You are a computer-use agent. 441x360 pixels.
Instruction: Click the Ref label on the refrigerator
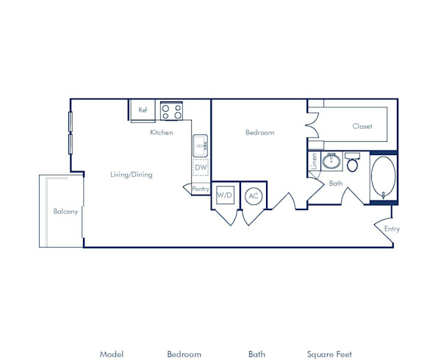pos(143,111)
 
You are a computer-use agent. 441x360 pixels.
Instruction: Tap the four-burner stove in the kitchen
pos(171,111)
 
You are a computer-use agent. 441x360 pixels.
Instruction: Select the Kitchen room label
pos(162,133)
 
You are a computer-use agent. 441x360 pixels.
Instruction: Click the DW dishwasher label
pos(201,168)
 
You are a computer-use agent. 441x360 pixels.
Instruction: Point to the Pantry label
pos(201,189)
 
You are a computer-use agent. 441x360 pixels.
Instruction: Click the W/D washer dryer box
pos(224,195)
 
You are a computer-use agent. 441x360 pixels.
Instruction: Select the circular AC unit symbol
pos(254,195)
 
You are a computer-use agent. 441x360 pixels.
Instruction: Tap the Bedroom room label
pos(259,133)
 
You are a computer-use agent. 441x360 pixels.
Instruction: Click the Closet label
pos(362,126)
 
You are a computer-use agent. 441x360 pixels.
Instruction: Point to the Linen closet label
pos(315,162)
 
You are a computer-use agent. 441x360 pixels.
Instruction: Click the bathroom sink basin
pos(331,161)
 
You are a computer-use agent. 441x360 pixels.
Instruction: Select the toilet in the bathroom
pos(352,162)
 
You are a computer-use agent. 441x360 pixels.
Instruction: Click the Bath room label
pos(336,184)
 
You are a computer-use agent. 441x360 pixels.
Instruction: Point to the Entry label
pos(392,229)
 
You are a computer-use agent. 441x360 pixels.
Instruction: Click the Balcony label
pos(65,212)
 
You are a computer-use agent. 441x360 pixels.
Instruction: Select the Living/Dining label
pos(130,174)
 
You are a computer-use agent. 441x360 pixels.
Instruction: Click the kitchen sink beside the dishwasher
pos(201,146)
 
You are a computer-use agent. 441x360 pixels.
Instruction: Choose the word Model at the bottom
pos(112,354)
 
